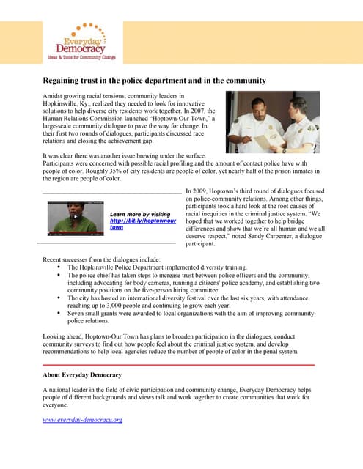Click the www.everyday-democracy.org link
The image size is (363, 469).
pos(82,420)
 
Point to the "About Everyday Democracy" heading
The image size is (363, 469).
pos(82,374)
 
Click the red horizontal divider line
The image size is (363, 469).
pos(179,364)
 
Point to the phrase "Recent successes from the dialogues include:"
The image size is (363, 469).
pos(97,260)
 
